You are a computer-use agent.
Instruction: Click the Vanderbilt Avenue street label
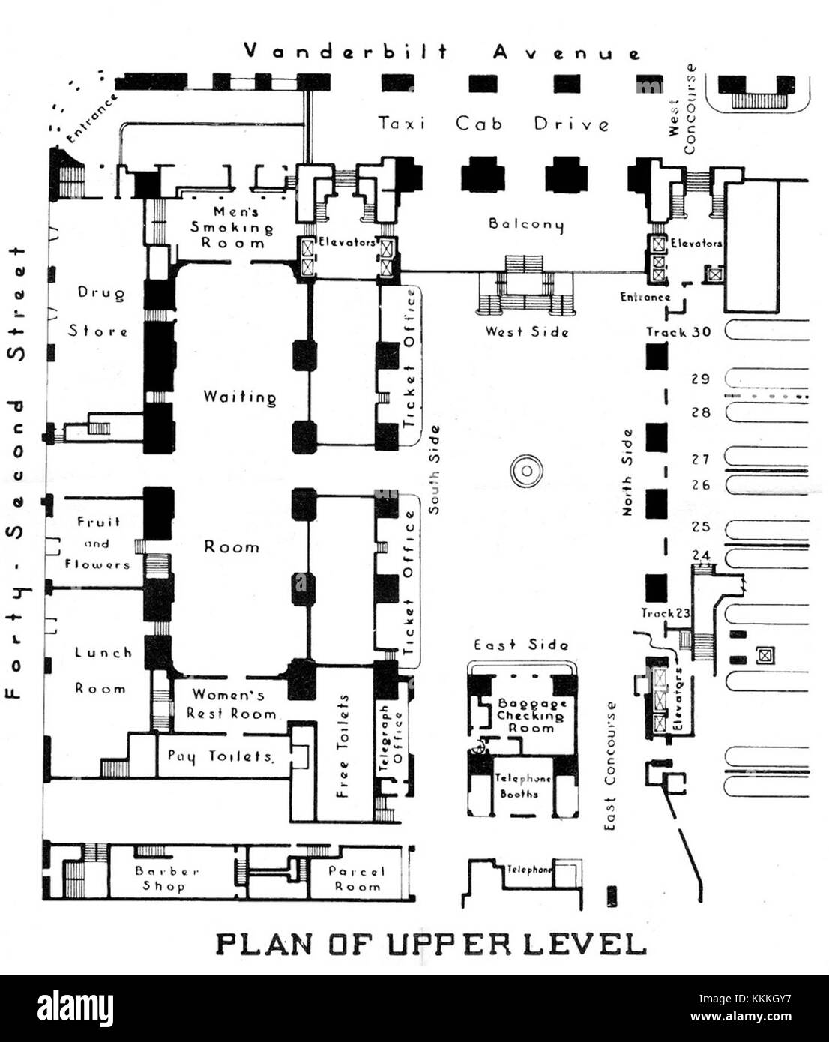coord(442,52)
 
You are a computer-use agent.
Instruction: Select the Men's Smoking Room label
coord(232,227)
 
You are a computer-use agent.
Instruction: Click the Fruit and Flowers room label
coord(97,543)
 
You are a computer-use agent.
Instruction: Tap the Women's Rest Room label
coord(231,704)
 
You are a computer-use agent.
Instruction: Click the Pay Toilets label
coord(219,756)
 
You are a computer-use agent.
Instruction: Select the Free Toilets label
coord(343,746)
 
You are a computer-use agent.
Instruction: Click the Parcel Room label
coord(357,879)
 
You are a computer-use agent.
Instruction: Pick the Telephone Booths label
coord(522,786)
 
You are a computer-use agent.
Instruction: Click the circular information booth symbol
coord(525,471)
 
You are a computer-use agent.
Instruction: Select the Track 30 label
coord(678,332)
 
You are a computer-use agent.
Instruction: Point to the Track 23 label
coord(665,613)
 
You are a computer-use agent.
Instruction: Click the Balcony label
coord(525,223)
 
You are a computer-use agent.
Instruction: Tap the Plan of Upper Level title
coord(431,943)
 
